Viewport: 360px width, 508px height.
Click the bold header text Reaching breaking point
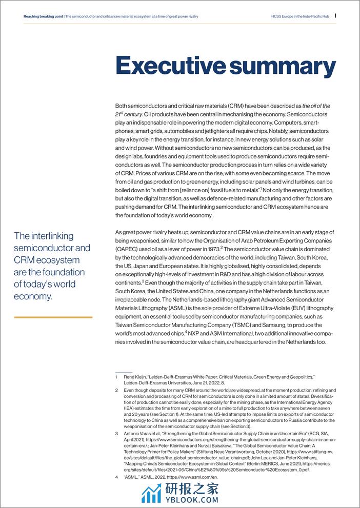(44, 16)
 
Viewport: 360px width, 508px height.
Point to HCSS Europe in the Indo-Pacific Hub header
(299, 16)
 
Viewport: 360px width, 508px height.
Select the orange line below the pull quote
(53, 317)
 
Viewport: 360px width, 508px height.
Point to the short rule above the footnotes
(124, 372)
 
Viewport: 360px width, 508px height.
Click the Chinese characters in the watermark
(191, 489)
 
